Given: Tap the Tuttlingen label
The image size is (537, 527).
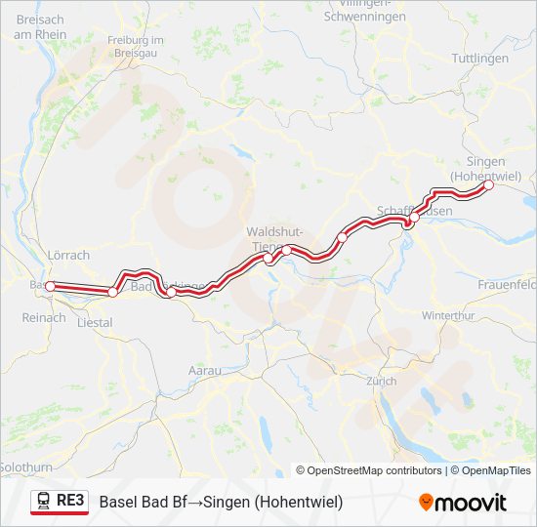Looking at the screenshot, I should click(480, 59).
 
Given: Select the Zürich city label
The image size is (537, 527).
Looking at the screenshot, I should click(381, 381).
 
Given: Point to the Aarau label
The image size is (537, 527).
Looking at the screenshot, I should click(204, 371).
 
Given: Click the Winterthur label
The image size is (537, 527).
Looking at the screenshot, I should click(448, 316).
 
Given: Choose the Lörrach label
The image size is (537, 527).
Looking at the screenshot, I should click(68, 256).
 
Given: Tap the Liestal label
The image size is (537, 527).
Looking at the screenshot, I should click(95, 321).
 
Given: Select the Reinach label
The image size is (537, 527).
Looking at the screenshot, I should click(43, 318).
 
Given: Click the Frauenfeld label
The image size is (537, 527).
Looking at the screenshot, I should click(507, 285).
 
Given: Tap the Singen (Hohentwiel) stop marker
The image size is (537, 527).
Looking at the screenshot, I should click(489, 185).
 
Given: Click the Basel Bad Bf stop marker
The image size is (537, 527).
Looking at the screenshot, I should click(50, 286).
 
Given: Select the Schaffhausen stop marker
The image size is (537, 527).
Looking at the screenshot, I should click(413, 218).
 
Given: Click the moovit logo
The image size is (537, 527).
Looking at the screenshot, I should click(463, 503).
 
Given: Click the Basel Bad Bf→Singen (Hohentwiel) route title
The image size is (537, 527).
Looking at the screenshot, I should click(221, 502).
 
